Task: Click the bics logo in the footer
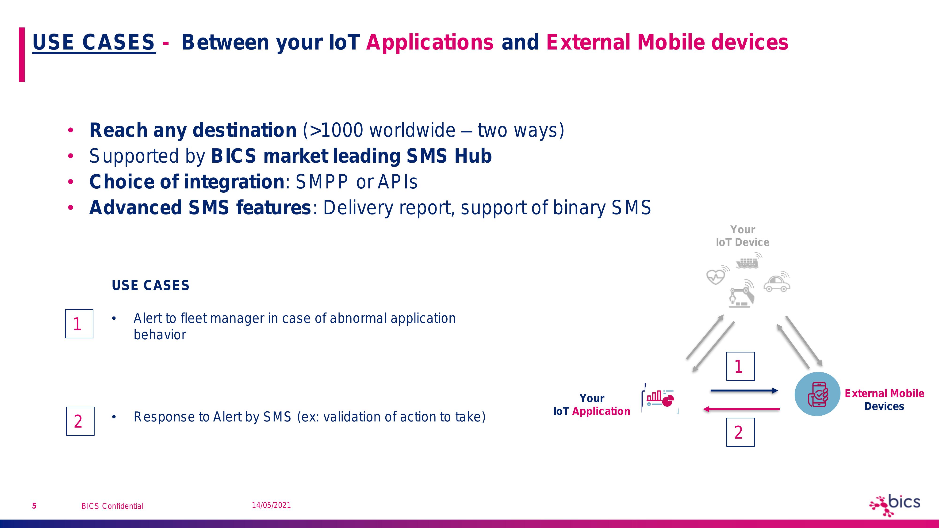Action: (x=895, y=505)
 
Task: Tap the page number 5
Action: (x=34, y=506)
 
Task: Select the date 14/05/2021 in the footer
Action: (x=271, y=505)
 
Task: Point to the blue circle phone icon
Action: (x=817, y=394)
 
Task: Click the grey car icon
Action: (x=777, y=282)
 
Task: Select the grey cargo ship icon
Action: (x=748, y=261)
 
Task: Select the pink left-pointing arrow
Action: (x=741, y=409)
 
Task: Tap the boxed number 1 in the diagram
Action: (x=740, y=366)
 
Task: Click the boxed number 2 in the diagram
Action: (x=740, y=432)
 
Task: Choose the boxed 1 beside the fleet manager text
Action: (x=79, y=324)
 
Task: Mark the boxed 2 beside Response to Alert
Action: (x=80, y=421)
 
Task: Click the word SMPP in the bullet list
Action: (x=322, y=182)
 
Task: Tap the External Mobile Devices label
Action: (x=884, y=400)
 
